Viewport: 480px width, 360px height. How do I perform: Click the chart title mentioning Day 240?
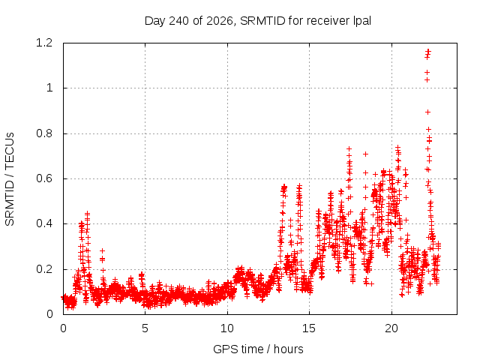pyautogui.click(x=258, y=21)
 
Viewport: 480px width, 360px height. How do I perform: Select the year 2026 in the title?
pyautogui.click(x=220, y=21)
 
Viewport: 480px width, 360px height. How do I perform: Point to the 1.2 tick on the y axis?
pyautogui.click(x=44, y=43)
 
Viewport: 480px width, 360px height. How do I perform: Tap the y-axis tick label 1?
pyautogui.click(x=49, y=88)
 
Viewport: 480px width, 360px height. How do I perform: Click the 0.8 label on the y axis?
pyautogui.click(x=44, y=133)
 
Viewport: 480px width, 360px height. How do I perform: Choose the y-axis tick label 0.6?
pyautogui.click(x=44, y=178)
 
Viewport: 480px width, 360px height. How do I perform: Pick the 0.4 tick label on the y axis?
pyautogui.click(x=44, y=223)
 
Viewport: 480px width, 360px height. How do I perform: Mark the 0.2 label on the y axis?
pyautogui.click(x=44, y=269)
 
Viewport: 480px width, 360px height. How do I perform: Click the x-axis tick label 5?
pyautogui.click(x=145, y=328)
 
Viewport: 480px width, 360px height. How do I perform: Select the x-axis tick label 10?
pyautogui.click(x=227, y=328)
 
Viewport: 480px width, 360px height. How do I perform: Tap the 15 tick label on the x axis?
pyautogui.click(x=309, y=328)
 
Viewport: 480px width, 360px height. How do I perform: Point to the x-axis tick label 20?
pyautogui.click(x=391, y=328)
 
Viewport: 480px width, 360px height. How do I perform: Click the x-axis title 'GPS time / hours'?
pyautogui.click(x=258, y=349)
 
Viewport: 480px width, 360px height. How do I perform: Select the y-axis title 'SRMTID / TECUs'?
pyautogui.click(x=10, y=179)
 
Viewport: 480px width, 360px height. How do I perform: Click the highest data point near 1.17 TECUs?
pyautogui.click(x=428, y=50)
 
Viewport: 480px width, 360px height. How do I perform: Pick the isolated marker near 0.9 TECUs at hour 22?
pyautogui.click(x=428, y=112)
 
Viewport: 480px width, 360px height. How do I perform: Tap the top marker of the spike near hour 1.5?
pyautogui.click(x=88, y=212)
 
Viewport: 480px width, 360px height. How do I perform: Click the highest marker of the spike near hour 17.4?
pyautogui.click(x=349, y=149)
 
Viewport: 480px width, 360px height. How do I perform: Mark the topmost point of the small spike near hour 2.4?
pyautogui.click(x=103, y=250)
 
